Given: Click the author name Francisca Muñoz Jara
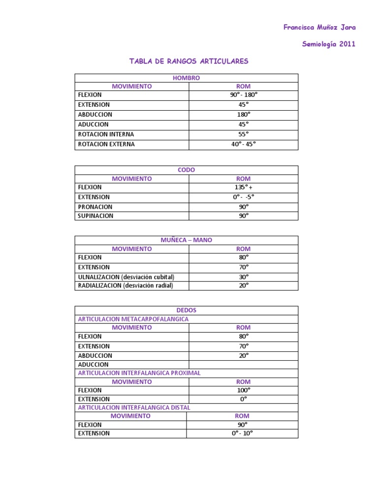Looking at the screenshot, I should pyautogui.click(x=319, y=28).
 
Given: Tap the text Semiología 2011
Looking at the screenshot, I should pyautogui.click(x=328, y=44).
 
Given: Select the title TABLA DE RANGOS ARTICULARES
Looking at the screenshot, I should pyautogui.click(x=189, y=62).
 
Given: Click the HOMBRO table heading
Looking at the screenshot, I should pyautogui.click(x=186, y=78).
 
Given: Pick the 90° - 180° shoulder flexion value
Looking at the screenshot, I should pyautogui.click(x=244, y=95).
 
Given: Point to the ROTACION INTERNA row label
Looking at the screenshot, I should pyautogui.click(x=106, y=134).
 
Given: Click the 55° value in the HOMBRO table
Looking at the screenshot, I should pyautogui.click(x=244, y=134).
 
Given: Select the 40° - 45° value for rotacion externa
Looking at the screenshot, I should pyautogui.click(x=244, y=144).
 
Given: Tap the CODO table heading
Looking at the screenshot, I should pyautogui.click(x=186, y=170).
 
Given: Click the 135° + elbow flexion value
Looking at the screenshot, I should pyautogui.click(x=244, y=188).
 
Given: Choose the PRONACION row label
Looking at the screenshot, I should pyautogui.click(x=95, y=207).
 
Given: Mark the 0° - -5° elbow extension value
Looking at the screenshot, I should pyautogui.click(x=244, y=197).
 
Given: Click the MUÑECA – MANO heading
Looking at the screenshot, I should pyautogui.click(x=186, y=240).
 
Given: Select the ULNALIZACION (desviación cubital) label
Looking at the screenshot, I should pyautogui.click(x=126, y=277).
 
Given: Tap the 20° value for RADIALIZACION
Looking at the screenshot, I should pyautogui.click(x=244, y=285).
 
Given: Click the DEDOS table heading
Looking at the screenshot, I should pyautogui.click(x=186, y=310).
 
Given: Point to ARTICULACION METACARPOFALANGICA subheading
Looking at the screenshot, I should pyautogui.click(x=133, y=319).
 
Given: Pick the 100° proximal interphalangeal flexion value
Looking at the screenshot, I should pyautogui.click(x=244, y=390).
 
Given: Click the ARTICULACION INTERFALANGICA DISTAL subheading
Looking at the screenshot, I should pyautogui.click(x=134, y=408).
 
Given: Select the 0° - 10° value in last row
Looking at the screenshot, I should pyautogui.click(x=242, y=434).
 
